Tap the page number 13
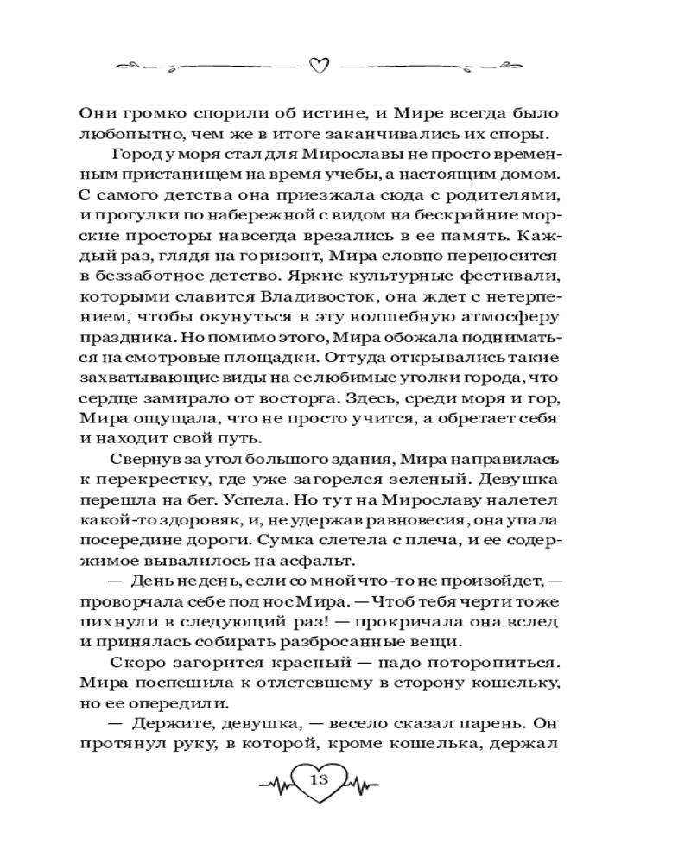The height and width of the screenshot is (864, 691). pyautogui.click(x=318, y=780)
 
